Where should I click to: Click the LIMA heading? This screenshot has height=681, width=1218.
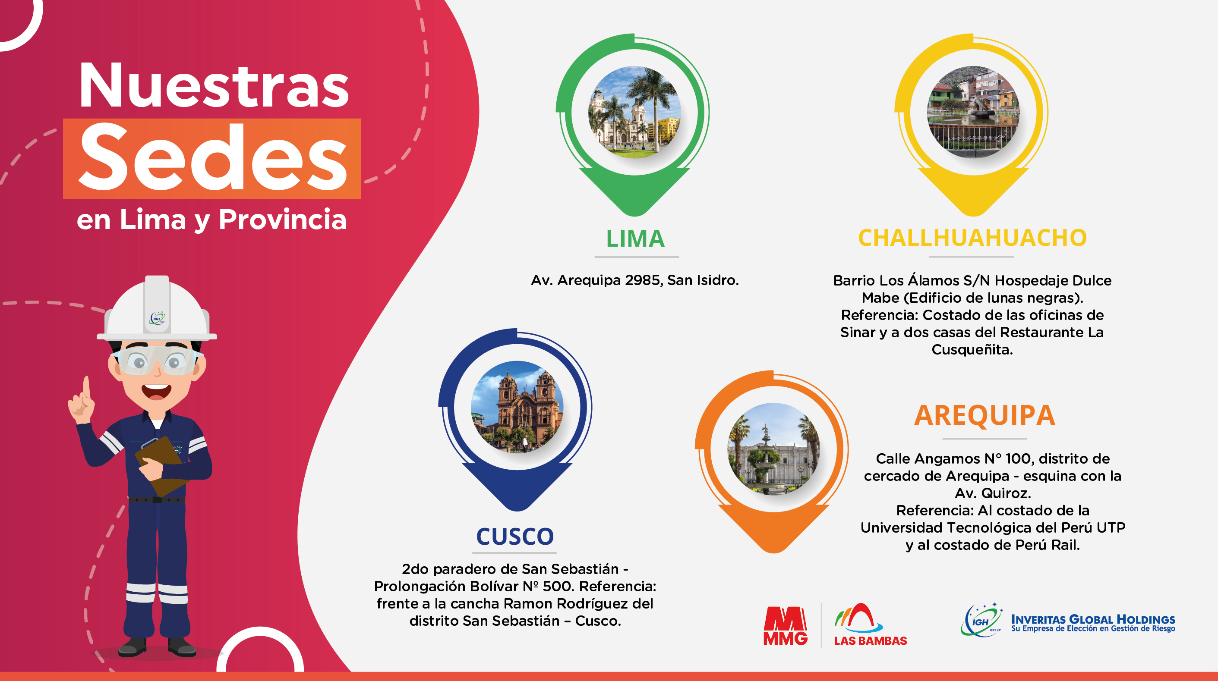pos(635,239)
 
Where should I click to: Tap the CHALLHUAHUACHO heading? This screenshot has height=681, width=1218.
pos(972,238)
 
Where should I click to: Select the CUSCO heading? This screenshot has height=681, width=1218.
pos(515,537)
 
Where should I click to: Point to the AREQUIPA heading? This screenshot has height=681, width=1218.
pos(984,415)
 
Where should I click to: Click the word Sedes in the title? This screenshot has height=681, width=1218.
pos(213,157)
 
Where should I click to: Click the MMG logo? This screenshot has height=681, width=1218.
pos(786,626)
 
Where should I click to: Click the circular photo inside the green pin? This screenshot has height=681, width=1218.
pos(634,112)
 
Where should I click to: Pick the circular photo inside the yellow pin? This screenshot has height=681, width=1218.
pos(973,112)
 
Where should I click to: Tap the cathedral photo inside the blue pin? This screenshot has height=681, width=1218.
pos(517,407)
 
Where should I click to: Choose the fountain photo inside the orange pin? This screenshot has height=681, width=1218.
pos(773,449)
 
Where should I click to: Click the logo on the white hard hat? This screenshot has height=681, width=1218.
pos(158,318)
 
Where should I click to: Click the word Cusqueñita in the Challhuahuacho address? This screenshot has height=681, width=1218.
pos(972,350)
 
